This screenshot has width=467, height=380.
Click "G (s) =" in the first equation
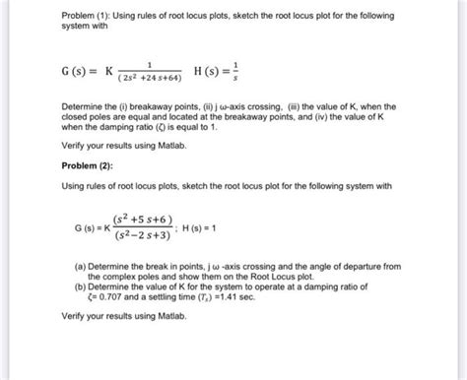point(81,74)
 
